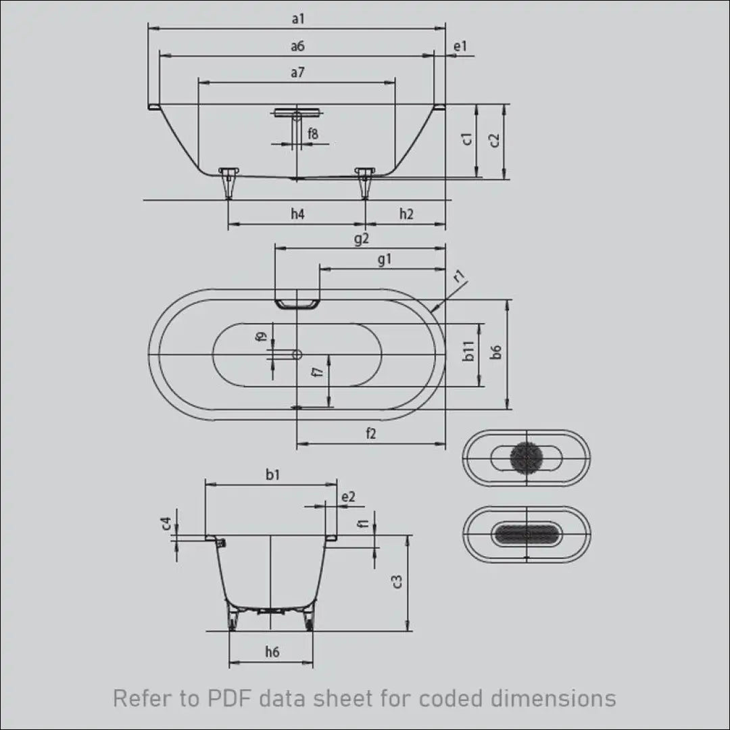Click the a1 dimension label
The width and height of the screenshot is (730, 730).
click(x=298, y=19)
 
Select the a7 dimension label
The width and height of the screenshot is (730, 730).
click(x=297, y=72)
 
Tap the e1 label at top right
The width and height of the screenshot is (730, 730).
click(x=460, y=46)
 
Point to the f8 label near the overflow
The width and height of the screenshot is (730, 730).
click(x=313, y=134)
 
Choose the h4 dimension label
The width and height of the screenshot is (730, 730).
click(x=297, y=214)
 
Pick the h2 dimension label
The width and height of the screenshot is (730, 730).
click(x=406, y=214)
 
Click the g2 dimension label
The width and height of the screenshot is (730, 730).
click(x=362, y=239)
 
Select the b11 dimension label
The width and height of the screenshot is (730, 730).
click(x=468, y=351)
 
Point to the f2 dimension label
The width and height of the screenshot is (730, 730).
click(x=370, y=433)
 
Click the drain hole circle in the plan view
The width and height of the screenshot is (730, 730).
click(x=297, y=355)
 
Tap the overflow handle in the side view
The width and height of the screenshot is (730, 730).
click(x=297, y=112)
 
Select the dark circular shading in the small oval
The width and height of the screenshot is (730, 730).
click(x=527, y=458)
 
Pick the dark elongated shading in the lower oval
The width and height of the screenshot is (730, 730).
click(x=527, y=533)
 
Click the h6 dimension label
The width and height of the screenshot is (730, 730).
click(x=272, y=652)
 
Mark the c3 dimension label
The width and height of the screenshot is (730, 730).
click(x=397, y=582)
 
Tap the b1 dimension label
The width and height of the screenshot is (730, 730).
click(x=273, y=474)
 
